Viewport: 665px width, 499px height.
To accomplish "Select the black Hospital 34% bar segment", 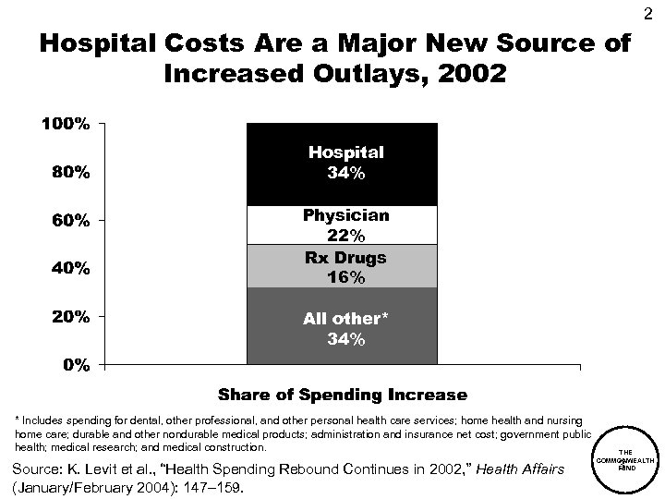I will (341, 164).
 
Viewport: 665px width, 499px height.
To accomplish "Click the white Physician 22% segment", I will (341, 225).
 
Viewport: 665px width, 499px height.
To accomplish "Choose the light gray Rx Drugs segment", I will (341, 266).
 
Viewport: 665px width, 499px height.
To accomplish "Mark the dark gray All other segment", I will (341, 328).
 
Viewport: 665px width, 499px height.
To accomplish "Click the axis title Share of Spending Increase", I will (341, 395).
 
